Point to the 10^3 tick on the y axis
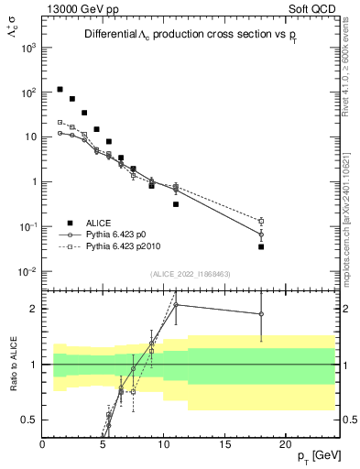point(29,47)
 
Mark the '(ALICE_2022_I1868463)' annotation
point(190,274)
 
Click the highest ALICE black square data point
point(60,90)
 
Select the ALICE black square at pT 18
point(261,246)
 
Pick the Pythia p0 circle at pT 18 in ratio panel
point(261,314)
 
